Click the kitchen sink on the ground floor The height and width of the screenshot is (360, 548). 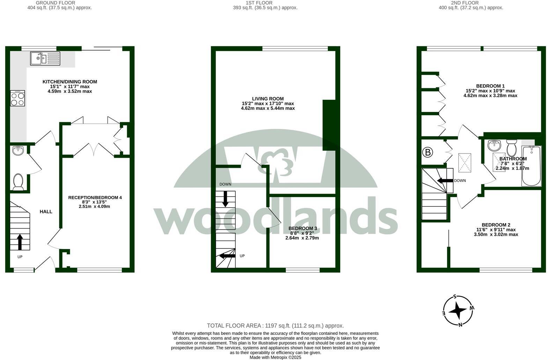point(45,58)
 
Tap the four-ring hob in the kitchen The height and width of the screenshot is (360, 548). point(17,98)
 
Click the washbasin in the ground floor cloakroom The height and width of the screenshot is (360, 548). point(18,151)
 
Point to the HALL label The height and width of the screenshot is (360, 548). point(46,211)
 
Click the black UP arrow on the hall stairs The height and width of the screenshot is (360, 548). point(20,242)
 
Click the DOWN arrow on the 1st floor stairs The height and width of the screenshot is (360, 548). point(225,198)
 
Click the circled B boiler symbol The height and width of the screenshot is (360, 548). point(428,152)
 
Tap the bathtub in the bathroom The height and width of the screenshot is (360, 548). point(531,166)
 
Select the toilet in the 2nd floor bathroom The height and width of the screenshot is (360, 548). point(511,148)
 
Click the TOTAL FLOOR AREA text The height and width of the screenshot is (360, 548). point(275,326)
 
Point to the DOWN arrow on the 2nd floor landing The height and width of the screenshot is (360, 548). point(445,181)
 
